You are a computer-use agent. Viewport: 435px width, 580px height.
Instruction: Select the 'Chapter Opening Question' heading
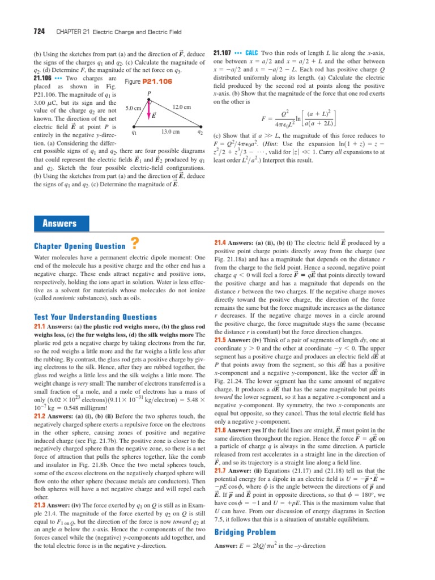(80, 246)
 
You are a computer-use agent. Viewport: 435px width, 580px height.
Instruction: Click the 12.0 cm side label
(181, 106)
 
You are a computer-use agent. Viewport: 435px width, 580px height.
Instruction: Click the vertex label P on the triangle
(149, 93)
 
